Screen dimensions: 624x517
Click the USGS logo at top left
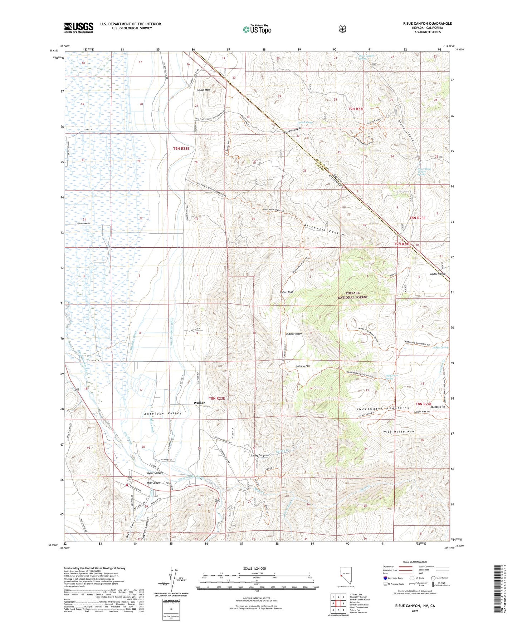point(79,28)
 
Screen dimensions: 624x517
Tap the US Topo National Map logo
point(256,29)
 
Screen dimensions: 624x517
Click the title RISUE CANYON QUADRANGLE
point(427,24)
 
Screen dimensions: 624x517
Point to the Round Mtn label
point(203,90)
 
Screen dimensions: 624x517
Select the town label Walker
point(199,402)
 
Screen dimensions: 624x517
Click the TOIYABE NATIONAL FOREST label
point(353,295)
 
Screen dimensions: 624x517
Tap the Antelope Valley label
point(163,413)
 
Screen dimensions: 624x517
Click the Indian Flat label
point(286,292)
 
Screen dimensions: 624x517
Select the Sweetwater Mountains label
point(383,408)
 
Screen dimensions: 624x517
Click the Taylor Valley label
point(437,274)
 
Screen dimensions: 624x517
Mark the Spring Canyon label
point(259,455)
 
